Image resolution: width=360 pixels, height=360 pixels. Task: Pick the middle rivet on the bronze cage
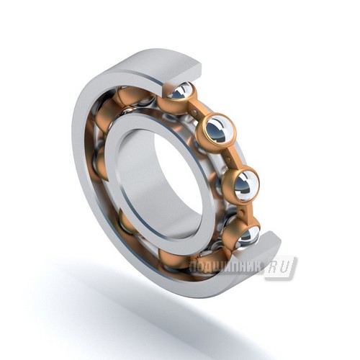coord(229,159)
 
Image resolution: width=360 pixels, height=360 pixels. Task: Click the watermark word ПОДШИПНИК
coord(225,267)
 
